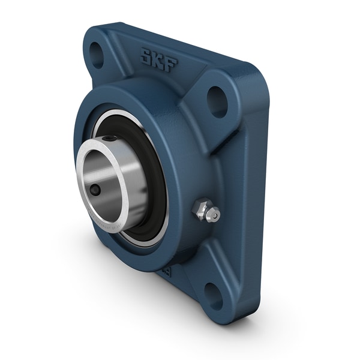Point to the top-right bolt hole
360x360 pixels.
pyautogui.click(x=217, y=101)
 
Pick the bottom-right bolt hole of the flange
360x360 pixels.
pyautogui.click(x=214, y=295)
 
